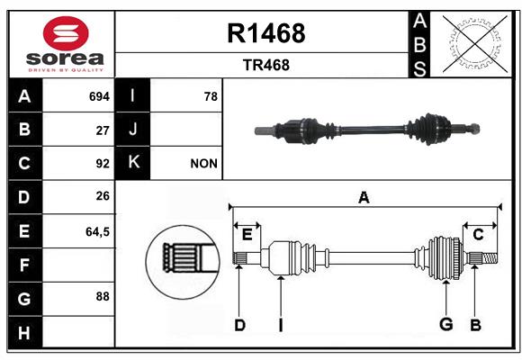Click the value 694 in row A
click(98, 95)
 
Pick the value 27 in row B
click(103, 130)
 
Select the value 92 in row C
click(103, 164)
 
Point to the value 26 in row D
click(103, 197)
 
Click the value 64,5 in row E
click(97, 231)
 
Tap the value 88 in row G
click(103, 296)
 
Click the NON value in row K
click(203, 164)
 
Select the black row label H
click(24, 334)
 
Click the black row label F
click(24, 265)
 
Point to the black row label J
click(133, 130)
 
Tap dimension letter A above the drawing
click(364, 197)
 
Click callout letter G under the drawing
click(445, 325)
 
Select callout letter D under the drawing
click(239, 325)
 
